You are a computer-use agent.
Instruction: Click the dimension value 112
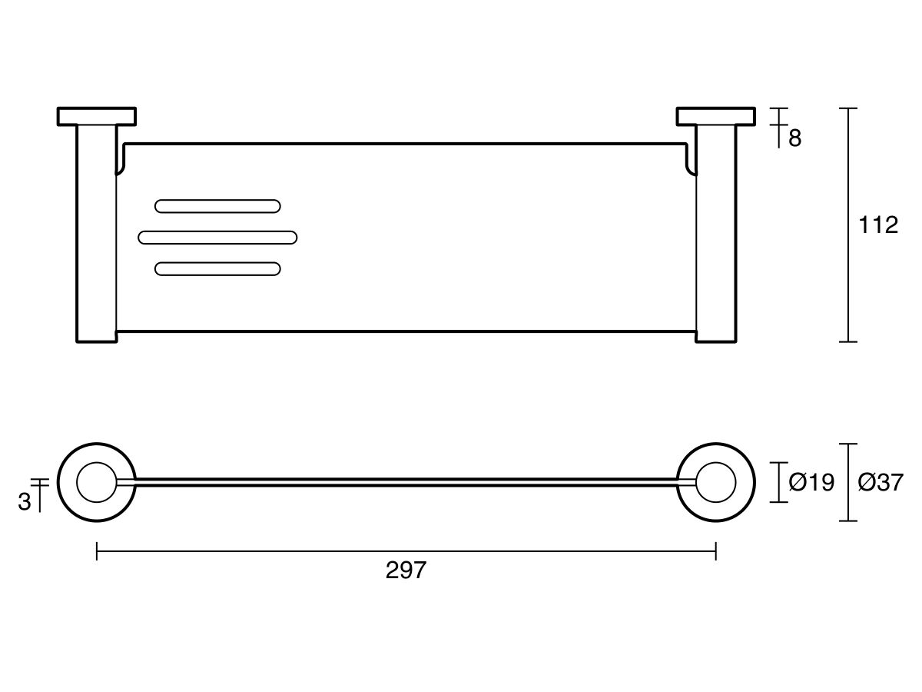pos(878,225)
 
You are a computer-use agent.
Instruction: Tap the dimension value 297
pos(406,571)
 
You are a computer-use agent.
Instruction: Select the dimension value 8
pos(794,138)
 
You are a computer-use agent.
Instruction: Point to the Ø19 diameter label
pos(811,483)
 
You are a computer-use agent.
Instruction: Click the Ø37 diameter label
pos(881,483)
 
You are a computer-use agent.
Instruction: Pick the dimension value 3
pos(25,502)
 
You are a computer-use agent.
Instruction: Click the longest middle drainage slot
pos(217,237)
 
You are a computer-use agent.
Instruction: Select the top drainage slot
pos(217,205)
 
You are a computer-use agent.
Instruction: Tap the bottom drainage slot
pos(217,268)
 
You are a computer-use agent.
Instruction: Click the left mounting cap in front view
pos(97,116)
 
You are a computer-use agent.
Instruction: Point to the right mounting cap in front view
pos(715,116)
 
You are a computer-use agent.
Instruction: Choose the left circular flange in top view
pos(97,482)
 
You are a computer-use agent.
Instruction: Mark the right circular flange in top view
pos(715,482)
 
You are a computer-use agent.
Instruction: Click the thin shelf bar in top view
pos(406,482)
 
